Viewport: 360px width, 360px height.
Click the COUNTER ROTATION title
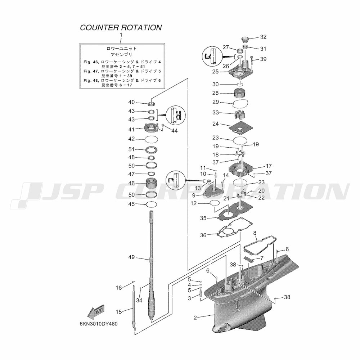(x=121, y=28)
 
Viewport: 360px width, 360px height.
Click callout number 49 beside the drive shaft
(x=131, y=257)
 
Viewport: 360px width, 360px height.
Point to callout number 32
(x=263, y=37)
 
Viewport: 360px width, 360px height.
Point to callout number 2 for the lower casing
(x=195, y=318)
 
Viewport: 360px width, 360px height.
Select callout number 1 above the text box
(x=121, y=35)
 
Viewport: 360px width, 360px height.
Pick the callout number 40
(x=131, y=102)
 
